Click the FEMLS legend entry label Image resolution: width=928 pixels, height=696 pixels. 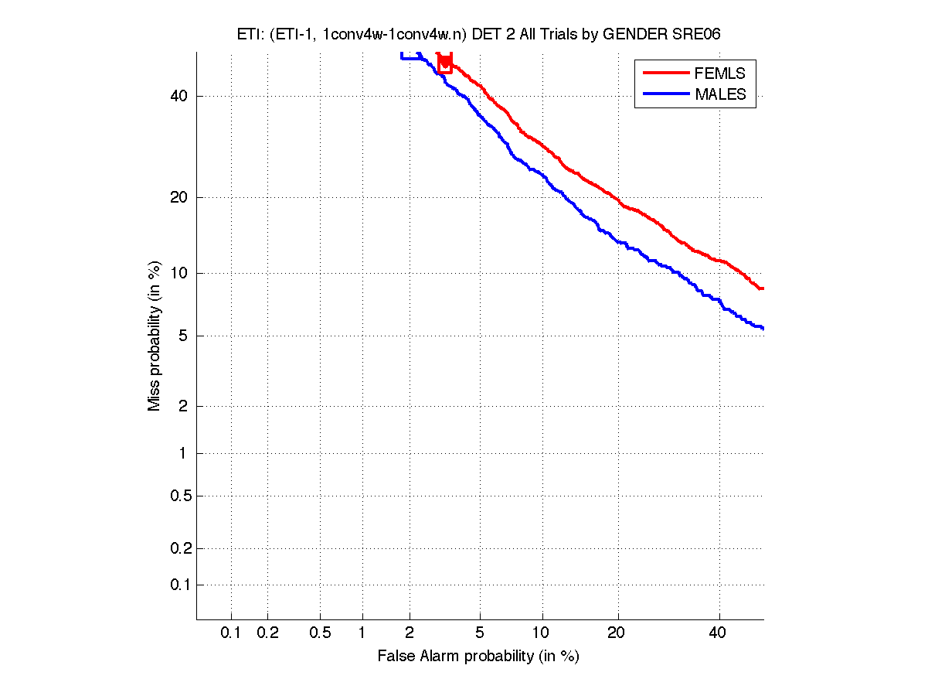tap(720, 73)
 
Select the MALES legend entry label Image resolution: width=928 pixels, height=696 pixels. tap(720, 94)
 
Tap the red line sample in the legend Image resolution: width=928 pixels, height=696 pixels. tap(665, 73)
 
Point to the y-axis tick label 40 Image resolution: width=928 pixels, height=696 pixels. tap(178, 96)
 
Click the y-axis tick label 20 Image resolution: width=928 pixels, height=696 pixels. tap(178, 197)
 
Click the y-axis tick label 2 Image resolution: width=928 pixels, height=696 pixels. tap(182, 406)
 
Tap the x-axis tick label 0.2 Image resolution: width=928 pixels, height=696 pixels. tap(267, 633)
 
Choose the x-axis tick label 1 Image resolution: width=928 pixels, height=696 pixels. tap(362, 633)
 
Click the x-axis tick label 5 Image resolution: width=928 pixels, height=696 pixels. tap(480, 633)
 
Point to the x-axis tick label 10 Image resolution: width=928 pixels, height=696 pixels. tap(542, 633)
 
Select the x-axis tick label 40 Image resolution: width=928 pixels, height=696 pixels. tap(719, 633)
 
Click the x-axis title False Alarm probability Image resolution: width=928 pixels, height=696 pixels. tap(478, 657)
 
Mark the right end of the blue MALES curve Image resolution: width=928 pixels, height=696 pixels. tap(763, 329)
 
